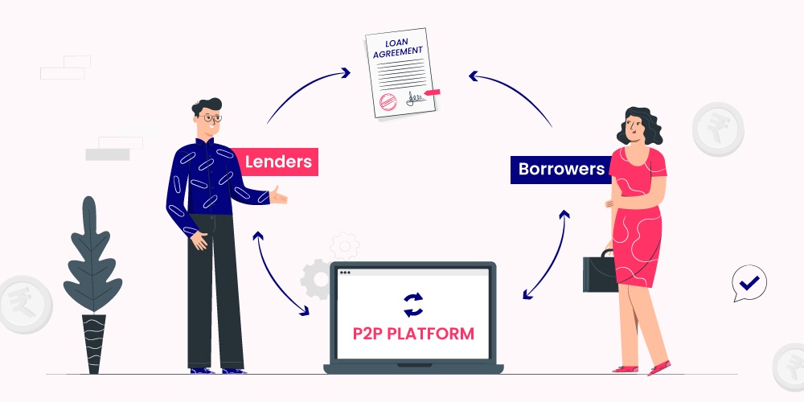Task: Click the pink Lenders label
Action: (x=278, y=162)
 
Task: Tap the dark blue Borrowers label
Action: (x=561, y=170)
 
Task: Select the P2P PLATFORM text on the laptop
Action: (x=413, y=333)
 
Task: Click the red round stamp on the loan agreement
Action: (x=388, y=100)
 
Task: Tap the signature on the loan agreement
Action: (x=416, y=98)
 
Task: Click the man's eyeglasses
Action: (x=210, y=118)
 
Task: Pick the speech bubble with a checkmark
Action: (x=749, y=283)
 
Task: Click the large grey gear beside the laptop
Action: (x=315, y=278)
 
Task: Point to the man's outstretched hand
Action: (x=278, y=195)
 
